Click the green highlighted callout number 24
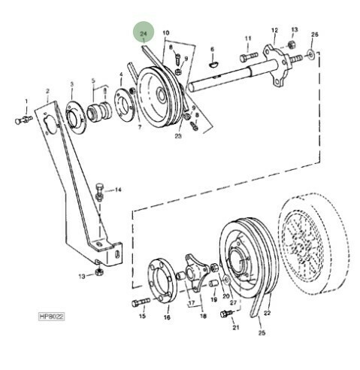coord(144,34)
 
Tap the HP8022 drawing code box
coord(51,317)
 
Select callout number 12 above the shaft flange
coord(274,30)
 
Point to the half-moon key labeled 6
coord(214,64)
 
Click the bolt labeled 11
coord(249,58)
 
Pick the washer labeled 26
coord(310,54)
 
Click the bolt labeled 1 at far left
coord(23,120)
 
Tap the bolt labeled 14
coord(99,193)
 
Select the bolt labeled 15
coord(141,302)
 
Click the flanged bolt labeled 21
coord(226,314)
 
